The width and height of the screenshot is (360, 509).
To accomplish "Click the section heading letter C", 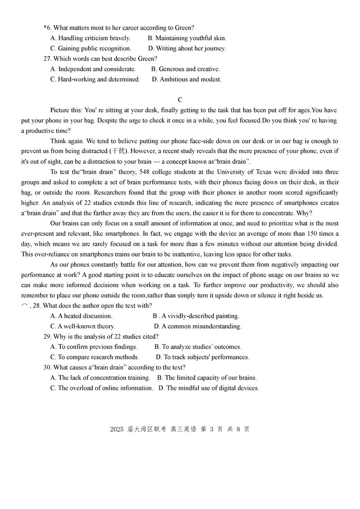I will [180, 100].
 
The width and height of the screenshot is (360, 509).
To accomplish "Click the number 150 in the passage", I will [314, 234].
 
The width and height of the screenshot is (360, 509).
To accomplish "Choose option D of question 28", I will [198, 326].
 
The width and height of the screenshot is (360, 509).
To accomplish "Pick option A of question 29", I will [94, 347].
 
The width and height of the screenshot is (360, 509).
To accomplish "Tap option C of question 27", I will [95, 79].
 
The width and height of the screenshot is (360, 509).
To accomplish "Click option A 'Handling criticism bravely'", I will [90, 38].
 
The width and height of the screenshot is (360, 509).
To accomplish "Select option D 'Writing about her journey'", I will [187, 49].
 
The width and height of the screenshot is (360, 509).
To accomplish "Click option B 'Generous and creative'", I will [185, 69].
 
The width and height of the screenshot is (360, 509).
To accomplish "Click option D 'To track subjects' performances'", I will [202, 357].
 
